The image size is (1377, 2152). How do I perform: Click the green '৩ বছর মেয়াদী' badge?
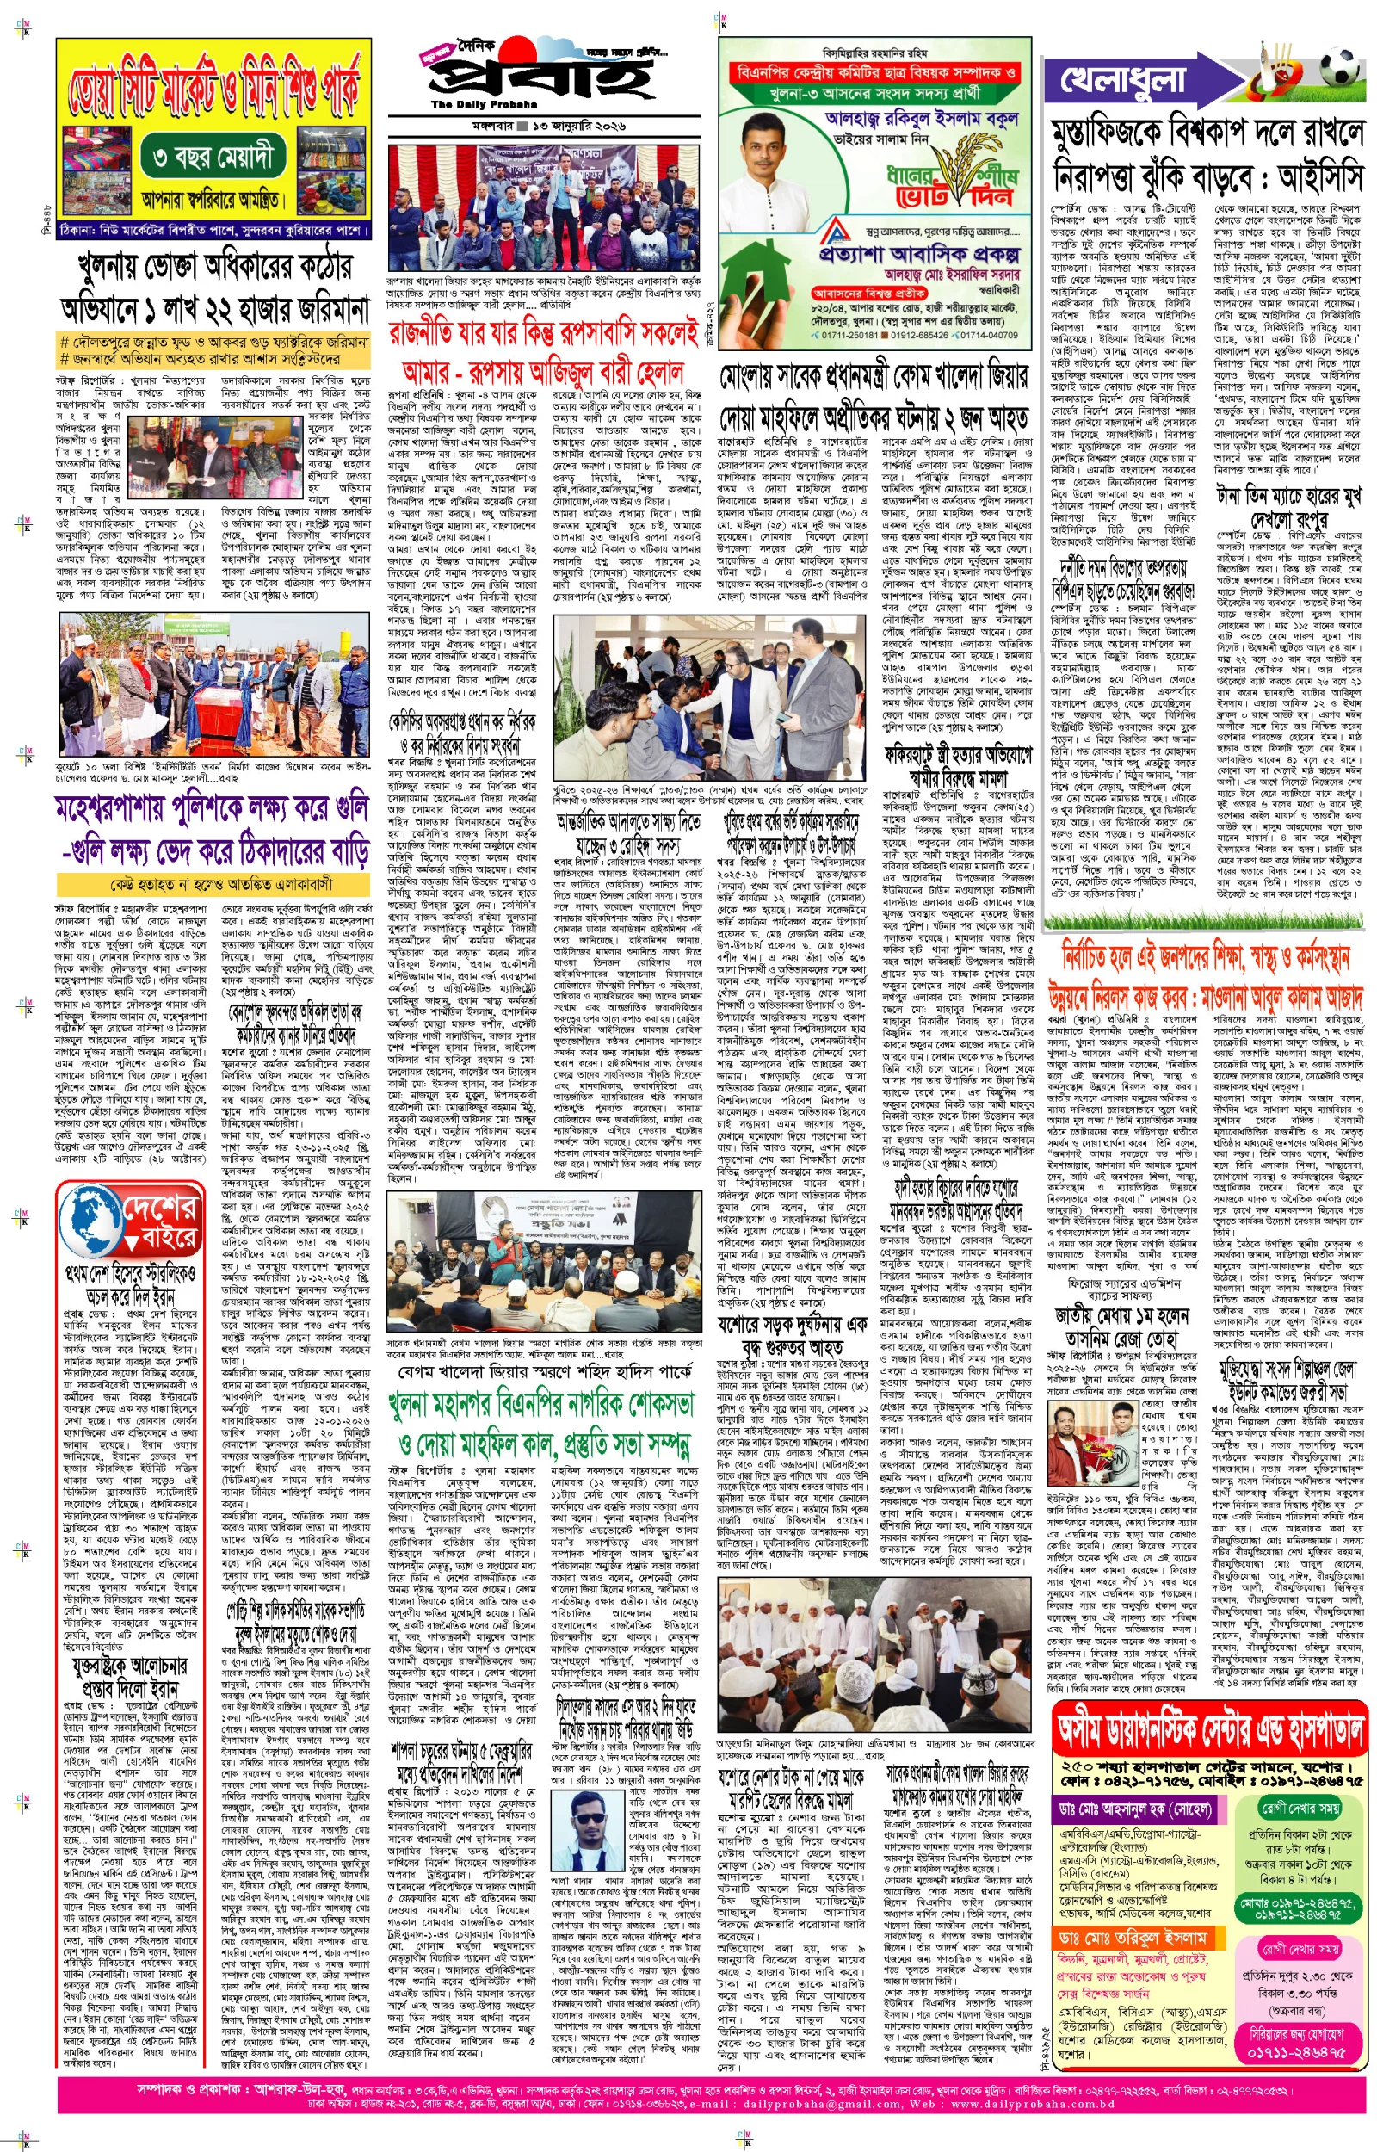[213, 158]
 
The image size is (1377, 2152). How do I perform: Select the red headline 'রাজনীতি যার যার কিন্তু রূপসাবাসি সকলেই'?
[543, 335]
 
